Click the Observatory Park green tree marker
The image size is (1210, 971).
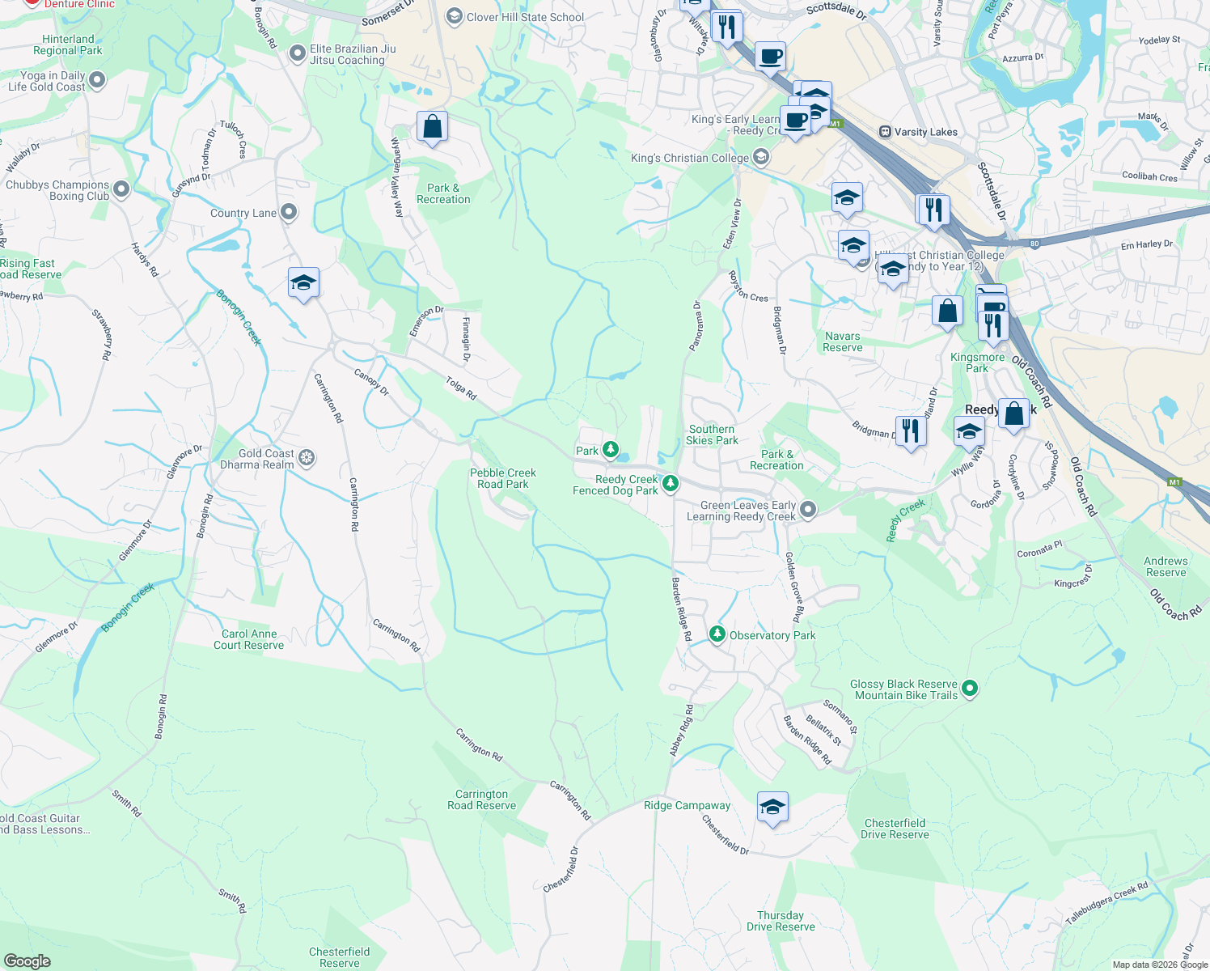click(717, 634)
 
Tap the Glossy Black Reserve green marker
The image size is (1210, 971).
click(970, 689)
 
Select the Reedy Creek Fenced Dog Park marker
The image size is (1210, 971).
click(670, 484)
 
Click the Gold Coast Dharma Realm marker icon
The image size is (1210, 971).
click(306, 458)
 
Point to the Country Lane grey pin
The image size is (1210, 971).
click(289, 213)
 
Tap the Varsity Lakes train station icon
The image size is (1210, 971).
click(885, 132)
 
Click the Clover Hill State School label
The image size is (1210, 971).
click(525, 17)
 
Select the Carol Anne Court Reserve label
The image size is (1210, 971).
click(249, 639)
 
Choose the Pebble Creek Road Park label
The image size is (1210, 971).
click(502, 478)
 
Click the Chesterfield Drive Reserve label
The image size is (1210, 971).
click(895, 829)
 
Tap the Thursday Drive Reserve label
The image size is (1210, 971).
click(781, 921)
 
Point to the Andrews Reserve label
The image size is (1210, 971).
click(1166, 566)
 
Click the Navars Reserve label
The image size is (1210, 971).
click(843, 341)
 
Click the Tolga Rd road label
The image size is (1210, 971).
click(461, 388)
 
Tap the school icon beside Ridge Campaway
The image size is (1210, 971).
click(772, 807)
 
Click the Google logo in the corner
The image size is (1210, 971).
click(27, 960)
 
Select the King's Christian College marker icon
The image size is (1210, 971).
click(760, 158)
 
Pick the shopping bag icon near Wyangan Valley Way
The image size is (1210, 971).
click(432, 127)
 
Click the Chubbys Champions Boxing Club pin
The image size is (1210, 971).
click(121, 189)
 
